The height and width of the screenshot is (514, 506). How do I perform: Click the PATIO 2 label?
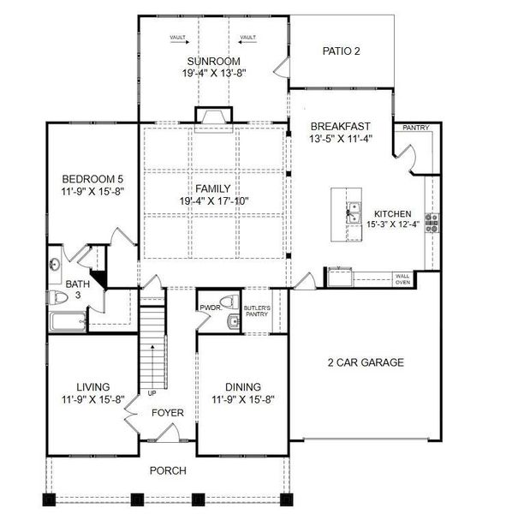point(341,51)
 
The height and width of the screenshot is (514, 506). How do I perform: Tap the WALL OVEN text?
point(402,279)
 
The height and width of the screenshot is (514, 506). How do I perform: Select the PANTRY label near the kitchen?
point(416,128)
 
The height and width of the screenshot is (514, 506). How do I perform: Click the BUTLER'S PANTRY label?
point(257,311)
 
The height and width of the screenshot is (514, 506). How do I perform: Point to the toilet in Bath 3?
point(58,297)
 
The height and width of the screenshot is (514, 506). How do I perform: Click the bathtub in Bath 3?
point(68,321)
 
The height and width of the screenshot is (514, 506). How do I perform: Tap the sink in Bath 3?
point(55,264)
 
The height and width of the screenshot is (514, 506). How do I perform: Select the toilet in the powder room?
point(229,302)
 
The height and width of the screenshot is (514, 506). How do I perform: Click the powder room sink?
point(233,321)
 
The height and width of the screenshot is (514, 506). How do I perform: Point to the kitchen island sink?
point(354,213)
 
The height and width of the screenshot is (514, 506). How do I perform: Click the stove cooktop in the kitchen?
point(432,223)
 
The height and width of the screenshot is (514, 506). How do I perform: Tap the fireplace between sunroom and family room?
point(214,118)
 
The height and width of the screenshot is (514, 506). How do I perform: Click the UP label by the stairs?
point(152,393)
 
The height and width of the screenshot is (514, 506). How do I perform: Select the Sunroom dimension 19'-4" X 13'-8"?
point(214,73)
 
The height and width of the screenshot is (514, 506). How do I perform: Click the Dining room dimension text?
point(243,399)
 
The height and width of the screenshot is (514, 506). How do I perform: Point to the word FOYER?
point(168,413)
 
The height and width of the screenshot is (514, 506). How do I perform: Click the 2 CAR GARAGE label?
point(366,362)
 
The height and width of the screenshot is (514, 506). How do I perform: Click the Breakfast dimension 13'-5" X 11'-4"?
point(341,139)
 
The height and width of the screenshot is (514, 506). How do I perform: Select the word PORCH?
point(168,470)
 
